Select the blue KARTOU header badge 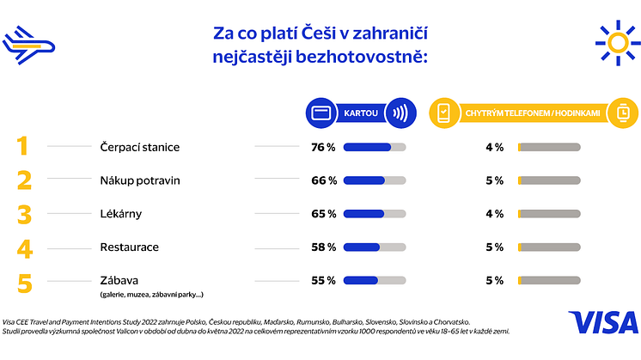pyautogui.click(x=358, y=113)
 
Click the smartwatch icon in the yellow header pyautogui.click(x=620, y=113)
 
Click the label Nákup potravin pyautogui.click(x=139, y=180)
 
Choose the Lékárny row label pyautogui.click(x=121, y=214)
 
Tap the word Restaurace pyautogui.click(x=130, y=247)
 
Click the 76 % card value pyautogui.click(x=322, y=147)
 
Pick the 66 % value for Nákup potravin pyautogui.click(x=322, y=180)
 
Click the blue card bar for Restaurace pyautogui.click(x=362, y=247)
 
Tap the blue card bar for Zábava pyautogui.click(x=361, y=280)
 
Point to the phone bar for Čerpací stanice pyautogui.click(x=550, y=147)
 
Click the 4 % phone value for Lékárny pyautogui.click(x=494, y=214)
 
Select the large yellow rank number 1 pyautogui.click(x=23, y=146)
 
